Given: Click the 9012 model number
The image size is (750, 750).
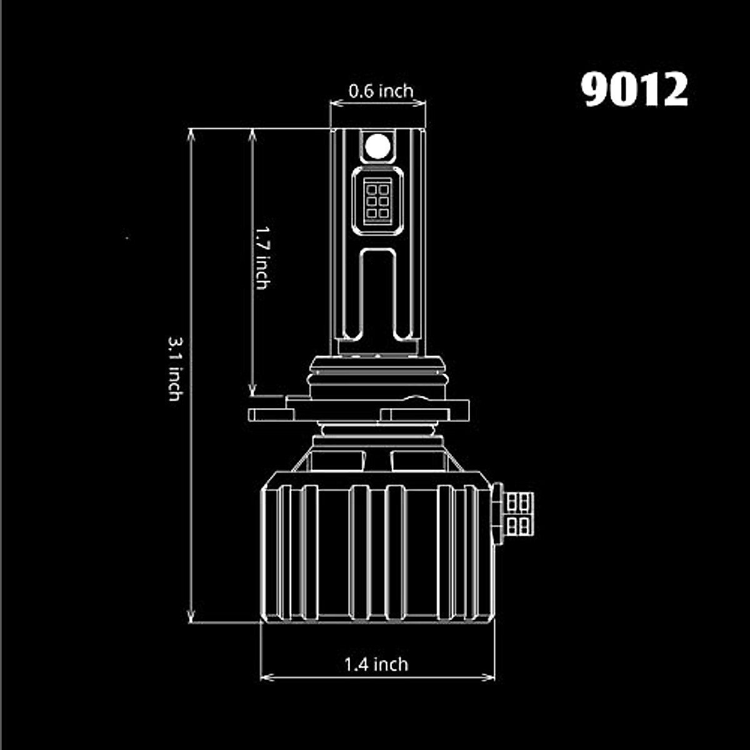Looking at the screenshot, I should (x=635, y=90).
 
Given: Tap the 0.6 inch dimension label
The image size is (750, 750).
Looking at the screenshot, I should (x=381, y=91).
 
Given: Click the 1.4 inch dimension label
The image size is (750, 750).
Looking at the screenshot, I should (x=376, y=664).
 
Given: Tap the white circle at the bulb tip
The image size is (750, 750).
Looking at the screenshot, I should (x=377, y=146).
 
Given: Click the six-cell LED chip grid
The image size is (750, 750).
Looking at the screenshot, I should (x=377, y=200).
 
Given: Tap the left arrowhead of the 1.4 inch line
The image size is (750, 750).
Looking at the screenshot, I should (x=266, y=677).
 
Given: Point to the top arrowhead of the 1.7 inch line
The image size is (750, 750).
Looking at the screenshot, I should (x=252, y=134).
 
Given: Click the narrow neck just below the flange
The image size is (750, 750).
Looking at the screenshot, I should (x=377, y=430).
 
